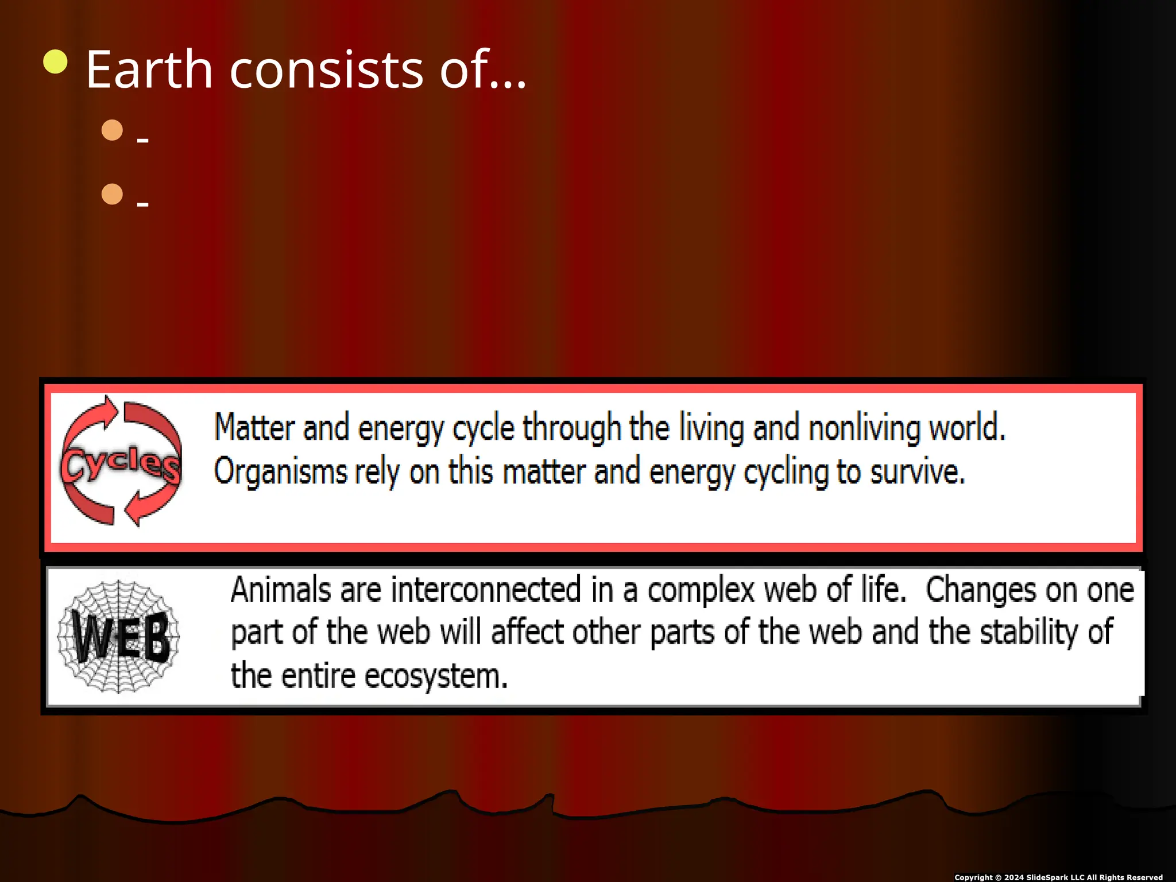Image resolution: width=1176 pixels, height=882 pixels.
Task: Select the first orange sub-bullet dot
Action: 112,130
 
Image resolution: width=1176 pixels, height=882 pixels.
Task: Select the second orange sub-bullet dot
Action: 112,194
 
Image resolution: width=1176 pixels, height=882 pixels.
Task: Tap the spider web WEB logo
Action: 119,636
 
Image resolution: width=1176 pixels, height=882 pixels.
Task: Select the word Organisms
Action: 280,472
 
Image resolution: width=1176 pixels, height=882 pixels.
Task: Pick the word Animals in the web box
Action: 280,590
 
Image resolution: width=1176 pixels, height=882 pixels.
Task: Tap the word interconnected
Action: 486,590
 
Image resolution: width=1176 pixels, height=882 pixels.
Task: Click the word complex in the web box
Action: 701,590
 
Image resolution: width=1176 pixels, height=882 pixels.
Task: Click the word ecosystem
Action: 436,676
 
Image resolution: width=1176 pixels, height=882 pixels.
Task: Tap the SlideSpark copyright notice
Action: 1058,877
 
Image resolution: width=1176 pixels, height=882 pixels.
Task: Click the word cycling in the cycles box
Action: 786,472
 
